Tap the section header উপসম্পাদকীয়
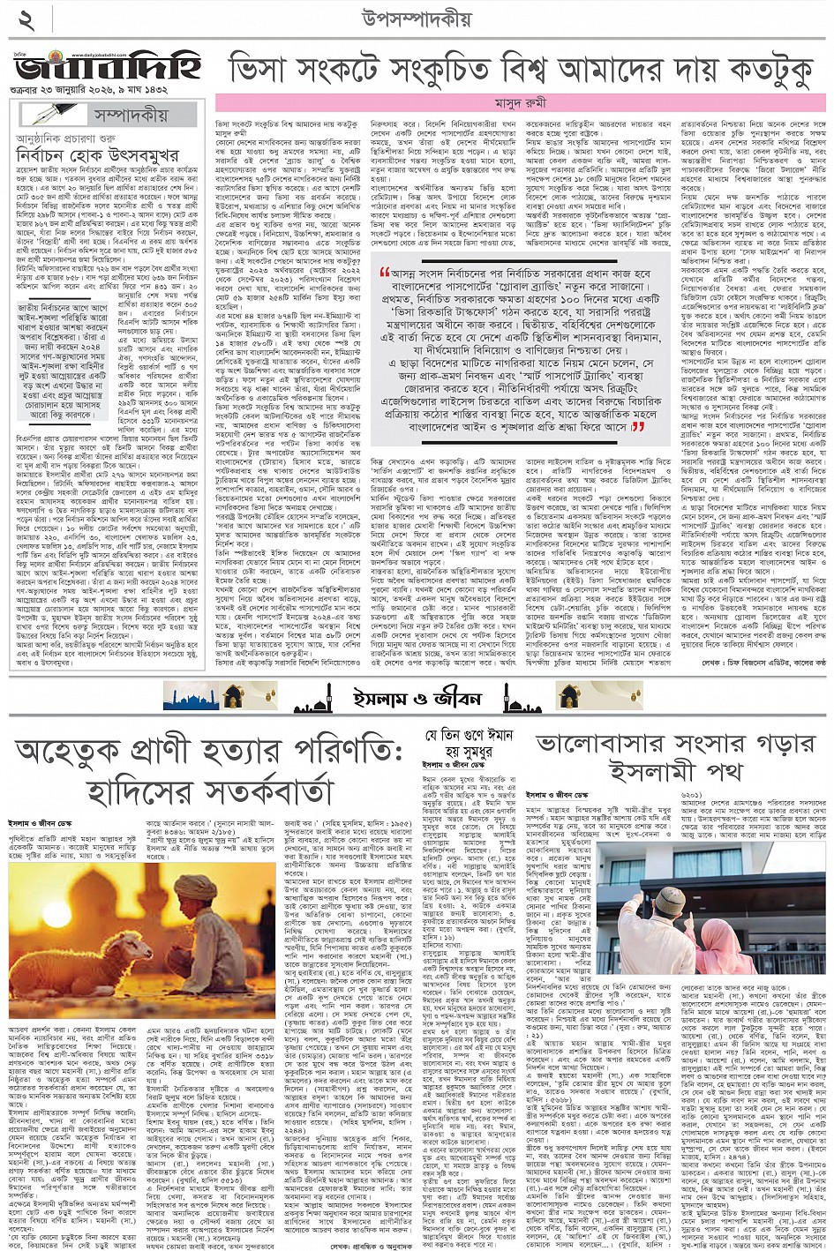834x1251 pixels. [x=416, y=19]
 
